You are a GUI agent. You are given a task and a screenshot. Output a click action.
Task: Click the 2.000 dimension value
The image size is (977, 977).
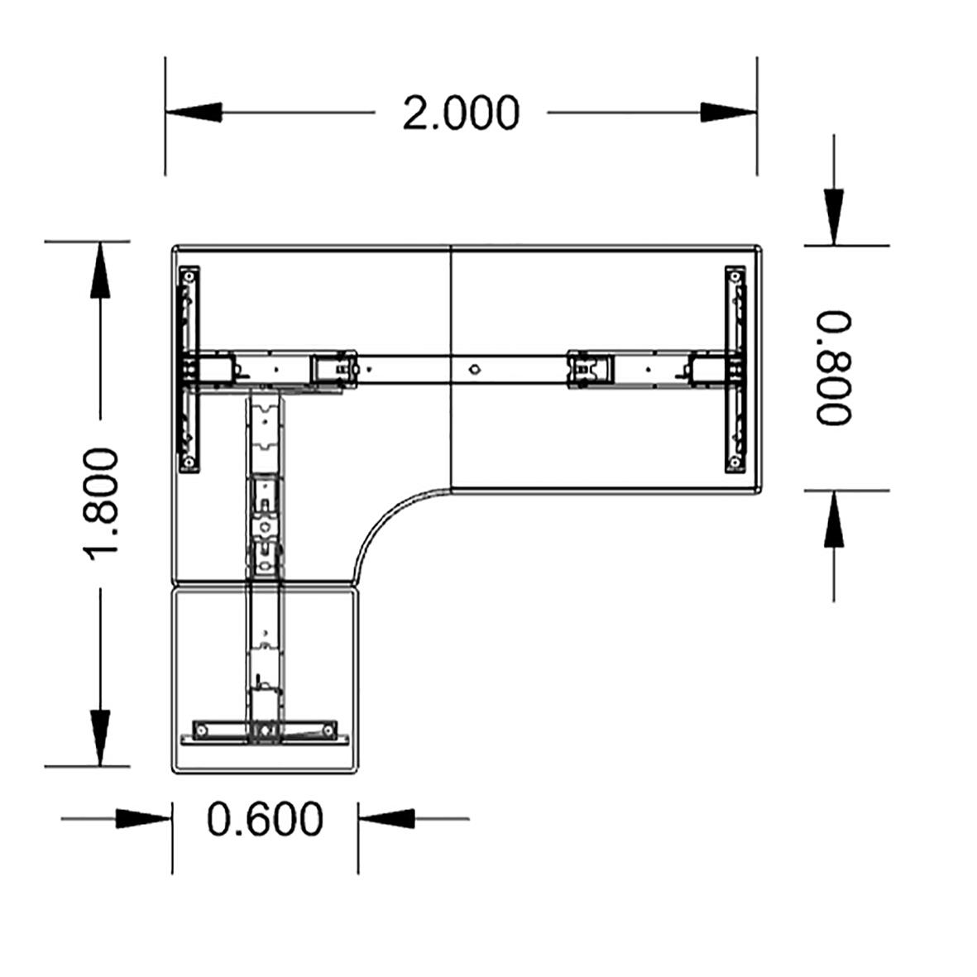click(461, 113)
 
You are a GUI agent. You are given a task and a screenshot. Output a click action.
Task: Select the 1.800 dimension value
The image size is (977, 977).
click(104, 502)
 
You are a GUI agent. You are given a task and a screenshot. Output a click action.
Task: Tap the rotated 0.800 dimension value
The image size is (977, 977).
click(834, 367)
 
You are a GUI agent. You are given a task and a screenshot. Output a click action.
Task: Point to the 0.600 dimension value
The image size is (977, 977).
click(265, 819)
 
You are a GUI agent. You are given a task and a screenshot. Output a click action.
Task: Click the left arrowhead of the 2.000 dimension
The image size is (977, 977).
click(194, 113)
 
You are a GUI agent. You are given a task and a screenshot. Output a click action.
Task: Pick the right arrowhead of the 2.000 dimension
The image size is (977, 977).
click(729, 113)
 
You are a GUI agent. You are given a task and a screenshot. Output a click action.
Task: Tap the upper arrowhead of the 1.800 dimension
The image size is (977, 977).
click(100, 270)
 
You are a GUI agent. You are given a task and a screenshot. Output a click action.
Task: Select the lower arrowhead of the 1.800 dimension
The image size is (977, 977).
click(100, 737)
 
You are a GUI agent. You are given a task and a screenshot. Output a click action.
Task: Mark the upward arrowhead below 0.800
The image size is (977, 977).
click(834, 519)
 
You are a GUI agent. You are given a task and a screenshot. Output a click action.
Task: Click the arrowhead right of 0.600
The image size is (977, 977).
click(386, 819)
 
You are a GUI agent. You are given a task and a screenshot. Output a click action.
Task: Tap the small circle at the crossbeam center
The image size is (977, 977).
click(473, 369)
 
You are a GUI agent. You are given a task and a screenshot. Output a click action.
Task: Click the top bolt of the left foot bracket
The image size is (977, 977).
click(189, 275)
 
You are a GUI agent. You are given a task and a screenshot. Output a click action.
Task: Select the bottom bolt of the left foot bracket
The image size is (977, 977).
click(189, 462)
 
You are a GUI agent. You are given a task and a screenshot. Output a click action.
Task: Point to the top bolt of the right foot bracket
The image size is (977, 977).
click(735, 275)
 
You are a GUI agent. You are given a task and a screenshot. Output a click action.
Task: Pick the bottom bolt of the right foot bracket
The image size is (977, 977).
click(735, 462)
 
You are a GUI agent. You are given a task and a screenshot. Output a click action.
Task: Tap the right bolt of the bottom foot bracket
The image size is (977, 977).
click(330, 730)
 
